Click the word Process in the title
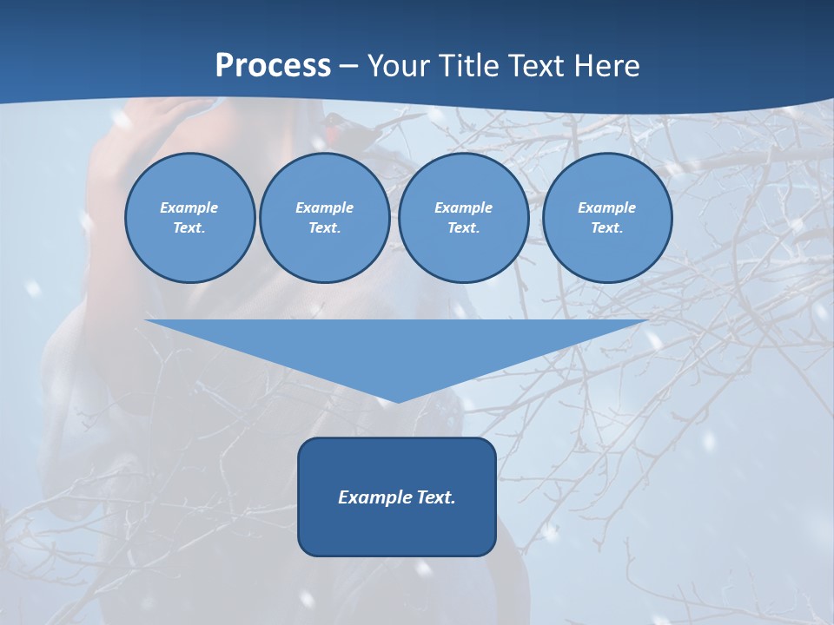point(273,66)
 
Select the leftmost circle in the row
point(189,218)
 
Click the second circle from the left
point(324,218)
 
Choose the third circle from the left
point(463,218)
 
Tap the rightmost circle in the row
point(606,218)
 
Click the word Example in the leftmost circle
point(189,207)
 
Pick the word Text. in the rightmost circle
point(606,228)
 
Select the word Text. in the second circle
point(324,228)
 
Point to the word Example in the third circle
point(463,207)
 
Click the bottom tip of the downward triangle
point(398,400)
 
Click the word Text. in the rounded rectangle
point(435,497)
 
